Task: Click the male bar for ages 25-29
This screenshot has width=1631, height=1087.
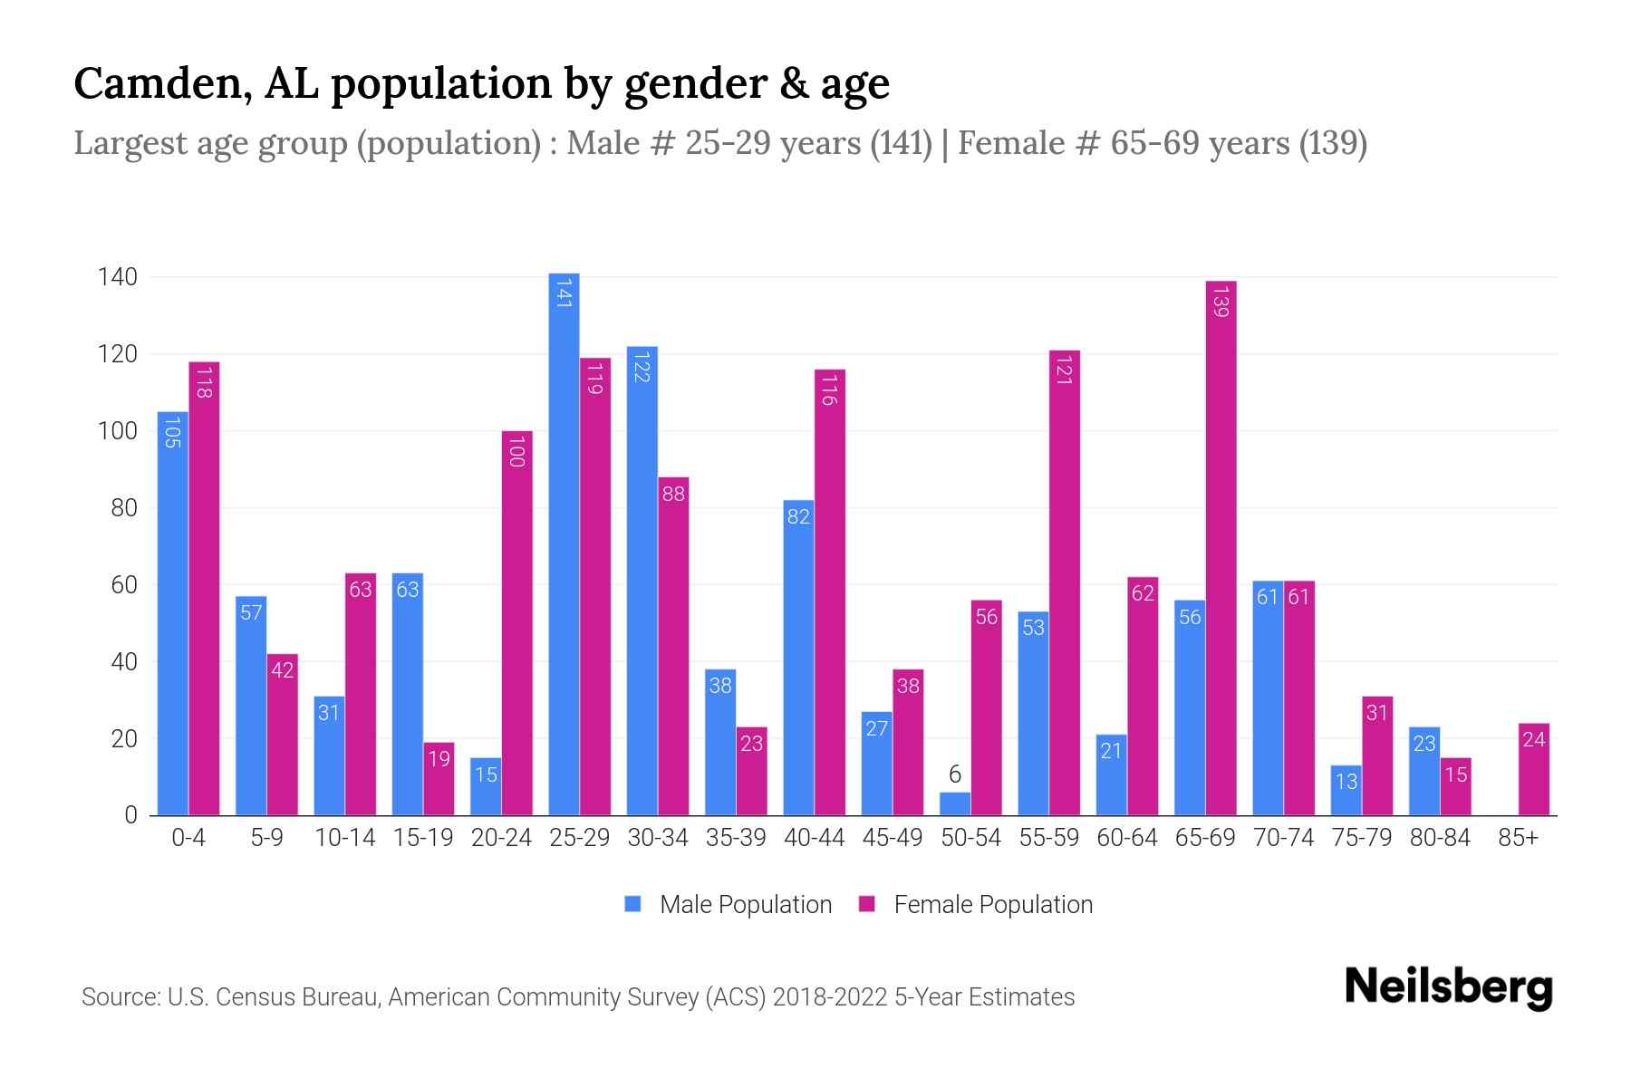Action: click(564, 543)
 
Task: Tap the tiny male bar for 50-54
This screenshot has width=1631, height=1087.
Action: click(955, 804)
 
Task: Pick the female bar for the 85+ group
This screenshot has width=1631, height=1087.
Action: click(1533, 770)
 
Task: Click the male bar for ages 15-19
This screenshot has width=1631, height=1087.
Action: click(408, 694)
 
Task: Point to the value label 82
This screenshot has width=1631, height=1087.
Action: click(798, 517)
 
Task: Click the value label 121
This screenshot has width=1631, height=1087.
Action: click(1064, 371)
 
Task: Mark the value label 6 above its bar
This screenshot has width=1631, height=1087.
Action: click(955, 774)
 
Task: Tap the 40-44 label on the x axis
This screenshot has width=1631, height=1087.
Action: click(814, 838)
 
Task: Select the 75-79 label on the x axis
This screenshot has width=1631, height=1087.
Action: click(1361, 838)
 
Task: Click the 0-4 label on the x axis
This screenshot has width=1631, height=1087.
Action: click(188, 838)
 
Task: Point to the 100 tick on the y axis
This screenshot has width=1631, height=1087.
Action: click(117, 431)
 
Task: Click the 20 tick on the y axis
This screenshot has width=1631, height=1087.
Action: click(123, 739)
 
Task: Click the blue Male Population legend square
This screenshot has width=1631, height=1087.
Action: click(632, 904)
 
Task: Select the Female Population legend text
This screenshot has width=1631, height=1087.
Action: click(993, 904)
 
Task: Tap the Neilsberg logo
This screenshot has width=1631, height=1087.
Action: click(1448, 987)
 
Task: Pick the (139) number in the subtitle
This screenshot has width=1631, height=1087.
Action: click(1333, 143)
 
